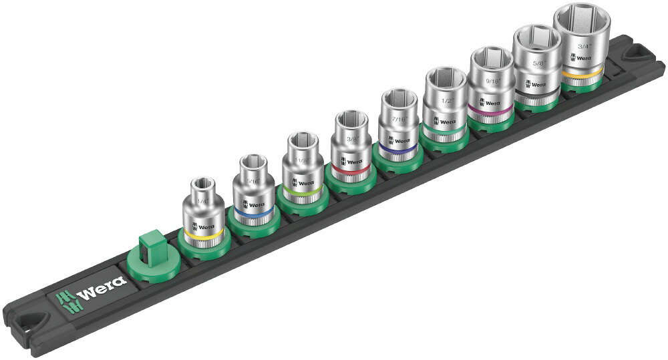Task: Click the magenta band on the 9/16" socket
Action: [490, 112]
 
